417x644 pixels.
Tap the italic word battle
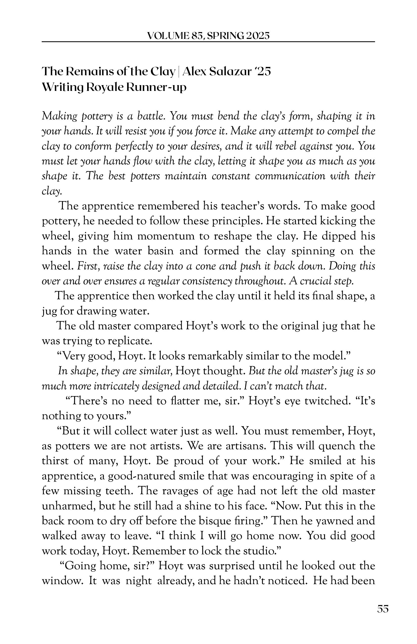point(151,116)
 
